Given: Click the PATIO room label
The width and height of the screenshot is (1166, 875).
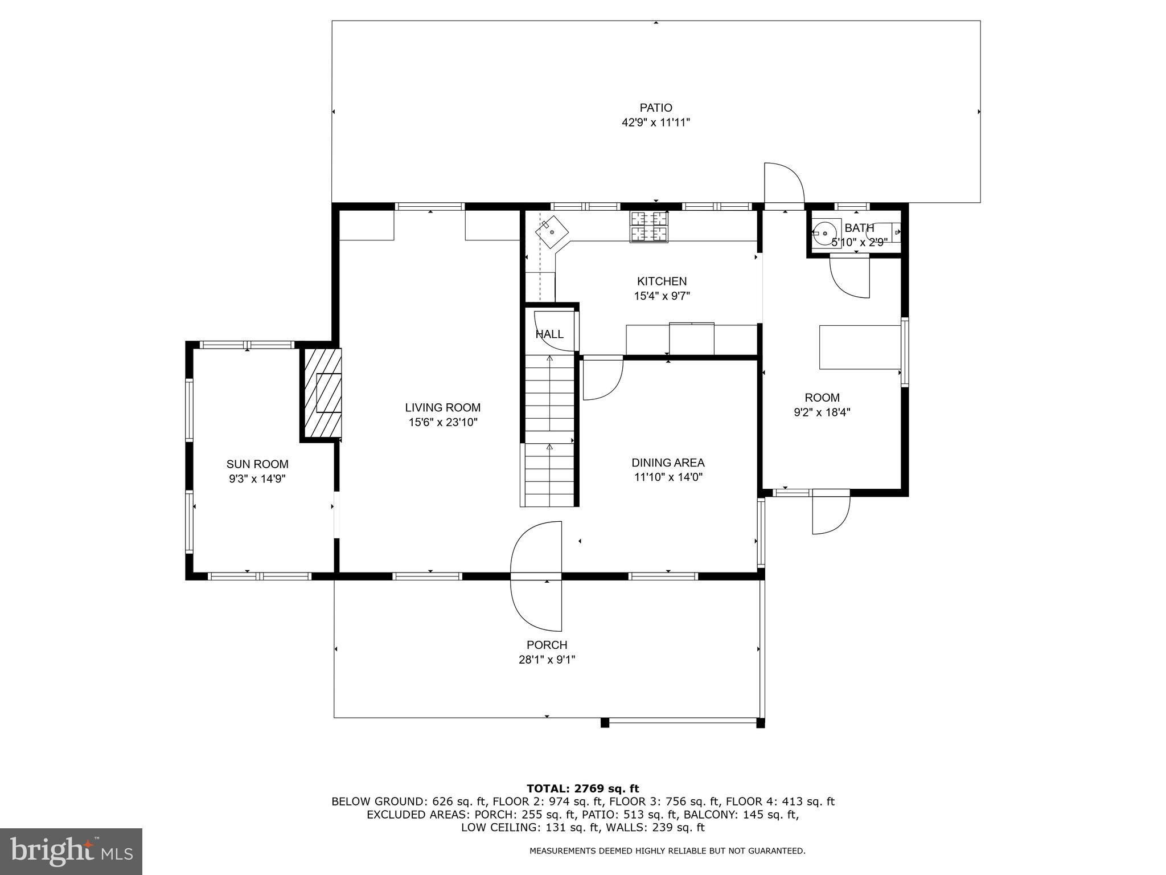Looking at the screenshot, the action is tap(656, 108).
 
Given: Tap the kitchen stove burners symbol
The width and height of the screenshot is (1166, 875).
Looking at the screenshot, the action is tap(648, 227).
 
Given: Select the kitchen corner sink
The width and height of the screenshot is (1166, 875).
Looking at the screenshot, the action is tap(552, 233).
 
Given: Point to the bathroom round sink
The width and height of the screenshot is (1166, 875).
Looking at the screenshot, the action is tap(824, 233).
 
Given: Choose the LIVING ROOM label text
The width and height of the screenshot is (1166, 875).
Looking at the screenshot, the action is tap(442, 408).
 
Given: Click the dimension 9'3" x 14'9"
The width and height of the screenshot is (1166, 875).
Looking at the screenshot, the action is tap(257, 479).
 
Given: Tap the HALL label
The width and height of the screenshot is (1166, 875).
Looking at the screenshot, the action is tap(549, 334).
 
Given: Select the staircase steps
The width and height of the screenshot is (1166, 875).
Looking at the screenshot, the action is tap(549, 430).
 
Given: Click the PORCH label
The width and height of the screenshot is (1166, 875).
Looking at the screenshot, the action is tap(547, 645).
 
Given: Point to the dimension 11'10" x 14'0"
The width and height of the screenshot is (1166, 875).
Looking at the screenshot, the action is tap(668, 477).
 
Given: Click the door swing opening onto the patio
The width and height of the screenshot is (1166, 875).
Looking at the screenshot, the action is tap(784, 183).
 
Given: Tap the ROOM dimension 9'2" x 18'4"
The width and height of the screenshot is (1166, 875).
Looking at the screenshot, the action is tap(822, 412).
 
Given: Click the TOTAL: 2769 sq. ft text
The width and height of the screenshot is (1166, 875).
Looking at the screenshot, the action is tap(583, 788).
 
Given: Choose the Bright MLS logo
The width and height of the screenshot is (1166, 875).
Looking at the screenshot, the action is tap(71, 852).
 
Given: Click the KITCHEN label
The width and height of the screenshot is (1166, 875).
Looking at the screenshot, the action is tap(662, 281).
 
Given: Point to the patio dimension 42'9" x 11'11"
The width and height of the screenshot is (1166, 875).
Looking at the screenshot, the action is tap(656, 122).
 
